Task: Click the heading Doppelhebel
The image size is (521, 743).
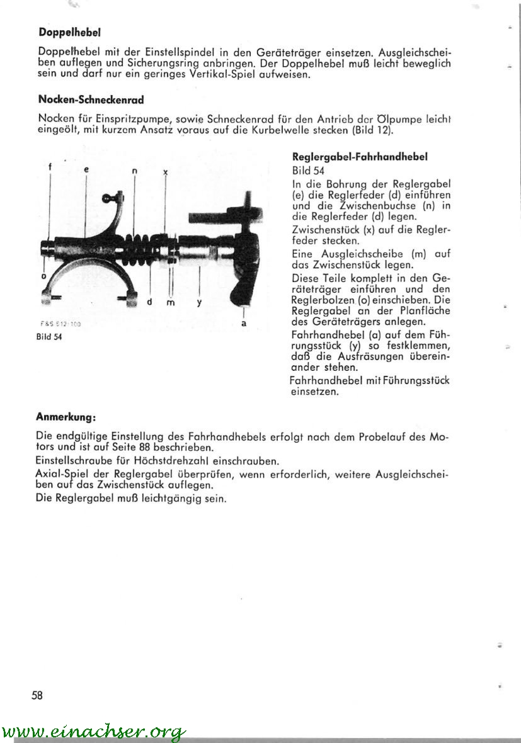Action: pyautogui.click(x=70, y=31)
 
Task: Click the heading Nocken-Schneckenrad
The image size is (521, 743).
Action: pyautogui.click(x=91, y=99)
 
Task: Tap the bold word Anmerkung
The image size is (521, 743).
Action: pyautogui.click(x=66, y=417)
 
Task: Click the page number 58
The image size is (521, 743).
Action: pyautogui.click(x=37, y=695)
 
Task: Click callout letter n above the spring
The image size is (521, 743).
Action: pyautogui.click(x=135, y=171)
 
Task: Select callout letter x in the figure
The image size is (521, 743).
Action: pyautogui.click(x=165, y=171)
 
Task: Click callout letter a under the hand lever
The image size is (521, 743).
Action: pyautogui.click(x=243, y=324)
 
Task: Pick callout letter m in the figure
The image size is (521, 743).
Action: pyautogui.click(x=170, y=303)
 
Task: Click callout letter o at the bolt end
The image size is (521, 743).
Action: pyautogui.click(x=43, y=276)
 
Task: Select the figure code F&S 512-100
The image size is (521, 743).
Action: pyautogui.click(x=61, y=324)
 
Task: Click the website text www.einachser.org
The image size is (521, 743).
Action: pyautogui.click(x=94, y=732)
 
